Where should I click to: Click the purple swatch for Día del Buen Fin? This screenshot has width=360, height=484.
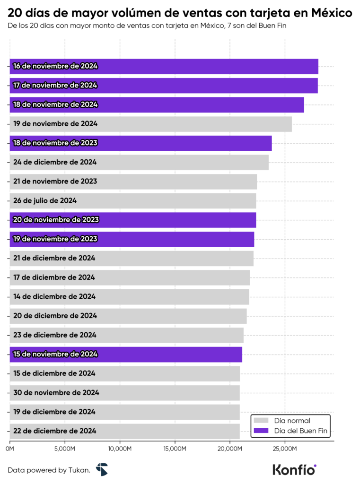coord(261,431)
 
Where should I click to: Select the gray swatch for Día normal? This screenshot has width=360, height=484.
coord(261,420)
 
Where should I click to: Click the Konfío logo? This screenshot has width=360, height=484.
coord(294,469)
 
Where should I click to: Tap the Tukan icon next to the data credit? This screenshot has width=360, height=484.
coord(102,469)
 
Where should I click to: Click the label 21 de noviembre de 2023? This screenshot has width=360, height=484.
coord(55,181)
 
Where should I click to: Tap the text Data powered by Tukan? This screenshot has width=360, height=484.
coord(49,470)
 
